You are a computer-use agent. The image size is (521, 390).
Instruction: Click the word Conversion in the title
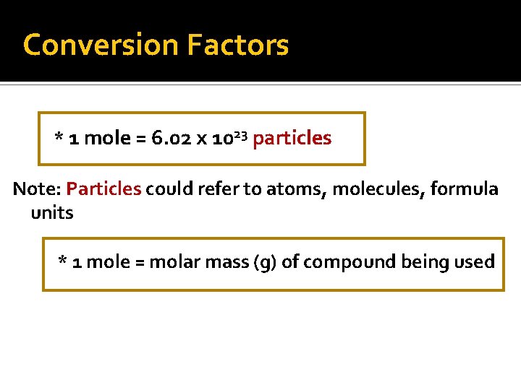[101, 45]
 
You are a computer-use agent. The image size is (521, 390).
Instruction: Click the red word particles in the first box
[292, 138]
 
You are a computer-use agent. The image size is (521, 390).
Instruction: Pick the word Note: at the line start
[36, 189]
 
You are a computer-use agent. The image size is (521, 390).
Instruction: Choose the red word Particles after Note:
[103, 189]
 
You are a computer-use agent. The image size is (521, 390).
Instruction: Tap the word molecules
[374, 189]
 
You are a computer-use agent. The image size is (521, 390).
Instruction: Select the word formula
[461, 189]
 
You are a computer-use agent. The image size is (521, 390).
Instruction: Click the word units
[52, 213]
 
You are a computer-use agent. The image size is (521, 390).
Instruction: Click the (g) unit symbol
[265, 262]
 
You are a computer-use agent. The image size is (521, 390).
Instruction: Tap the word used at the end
[478, 261]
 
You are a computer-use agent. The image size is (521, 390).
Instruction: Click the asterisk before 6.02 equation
[59, 136]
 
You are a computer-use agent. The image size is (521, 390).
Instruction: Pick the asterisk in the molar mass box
[63, 260]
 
